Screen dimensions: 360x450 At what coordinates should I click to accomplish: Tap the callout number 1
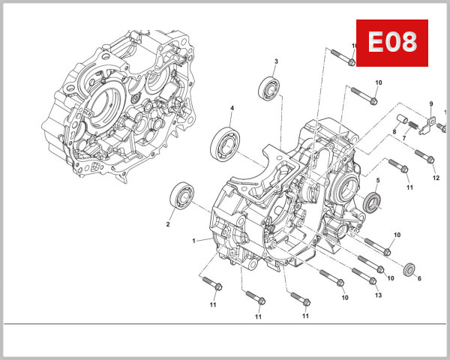(x=193, y=241)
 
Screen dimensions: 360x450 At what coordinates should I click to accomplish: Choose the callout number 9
(x=431, y=103)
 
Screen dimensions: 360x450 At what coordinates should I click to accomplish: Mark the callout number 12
(x=436, y=178)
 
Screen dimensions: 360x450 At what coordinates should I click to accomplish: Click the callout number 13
(x=378, y=295)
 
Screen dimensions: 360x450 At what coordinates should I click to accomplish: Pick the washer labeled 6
(x=410, y=268)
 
